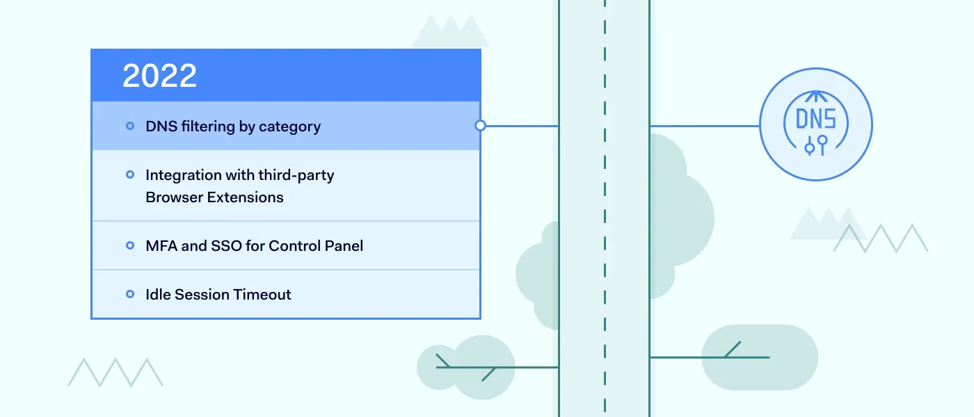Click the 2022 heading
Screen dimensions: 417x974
click(x=159, y=76)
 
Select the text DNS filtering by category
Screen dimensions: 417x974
click(x=232, y=126)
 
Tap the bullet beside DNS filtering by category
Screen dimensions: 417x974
click(x=130, y=126)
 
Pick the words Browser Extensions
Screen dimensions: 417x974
click(x=214, y=197)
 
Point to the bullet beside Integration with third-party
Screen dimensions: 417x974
click(x=130, y=174)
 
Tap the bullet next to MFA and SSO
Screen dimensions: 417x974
click(x=130, y=245)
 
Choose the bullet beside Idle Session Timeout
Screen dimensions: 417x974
click(x=130, y=294)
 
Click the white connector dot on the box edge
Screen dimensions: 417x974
click(x=480, y=126)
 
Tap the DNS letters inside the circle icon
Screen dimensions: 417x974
click(x=815, y=119)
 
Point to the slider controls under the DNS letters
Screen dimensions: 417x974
click(x=815, y=145)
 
